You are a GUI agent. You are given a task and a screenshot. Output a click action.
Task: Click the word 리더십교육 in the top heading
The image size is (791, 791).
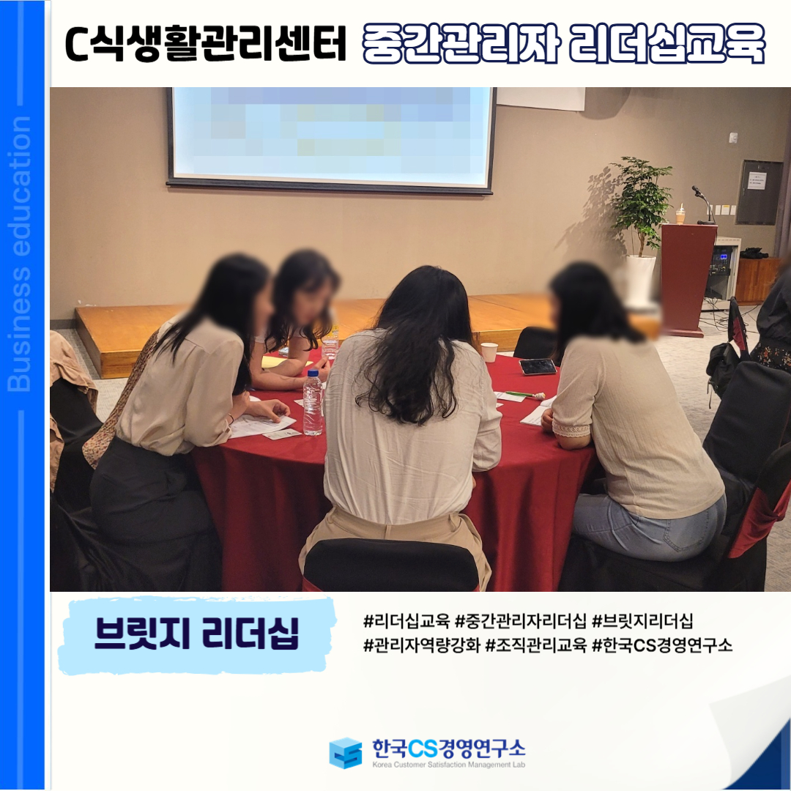(667, 44)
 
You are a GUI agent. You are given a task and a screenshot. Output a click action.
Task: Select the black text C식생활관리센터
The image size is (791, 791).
(206, 44)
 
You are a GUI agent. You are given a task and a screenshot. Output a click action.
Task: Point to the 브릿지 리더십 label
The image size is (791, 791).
(197, 634)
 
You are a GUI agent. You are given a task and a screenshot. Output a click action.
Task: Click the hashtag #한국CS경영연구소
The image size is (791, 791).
(662, 645)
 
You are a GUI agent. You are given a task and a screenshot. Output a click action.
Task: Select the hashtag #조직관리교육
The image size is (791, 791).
(535, 645)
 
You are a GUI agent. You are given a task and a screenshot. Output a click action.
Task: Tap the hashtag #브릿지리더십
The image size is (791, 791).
(642, 620)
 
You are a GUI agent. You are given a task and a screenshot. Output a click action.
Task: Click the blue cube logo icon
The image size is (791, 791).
(346, 753)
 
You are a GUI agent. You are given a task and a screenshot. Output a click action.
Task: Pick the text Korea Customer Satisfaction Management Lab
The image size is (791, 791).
(449, 765)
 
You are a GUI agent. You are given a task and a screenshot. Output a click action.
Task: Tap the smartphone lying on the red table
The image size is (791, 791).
(538, 366)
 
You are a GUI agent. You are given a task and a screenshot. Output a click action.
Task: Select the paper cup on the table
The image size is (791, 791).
(489, 352)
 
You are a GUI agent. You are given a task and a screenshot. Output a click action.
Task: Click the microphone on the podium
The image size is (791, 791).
(703, 204)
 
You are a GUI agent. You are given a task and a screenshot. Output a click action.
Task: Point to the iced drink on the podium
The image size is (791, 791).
(681, 214)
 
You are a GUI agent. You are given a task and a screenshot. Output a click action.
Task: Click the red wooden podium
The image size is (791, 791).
(688, 280)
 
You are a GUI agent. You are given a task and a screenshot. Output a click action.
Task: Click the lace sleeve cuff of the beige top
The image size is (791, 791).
(571, 430)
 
